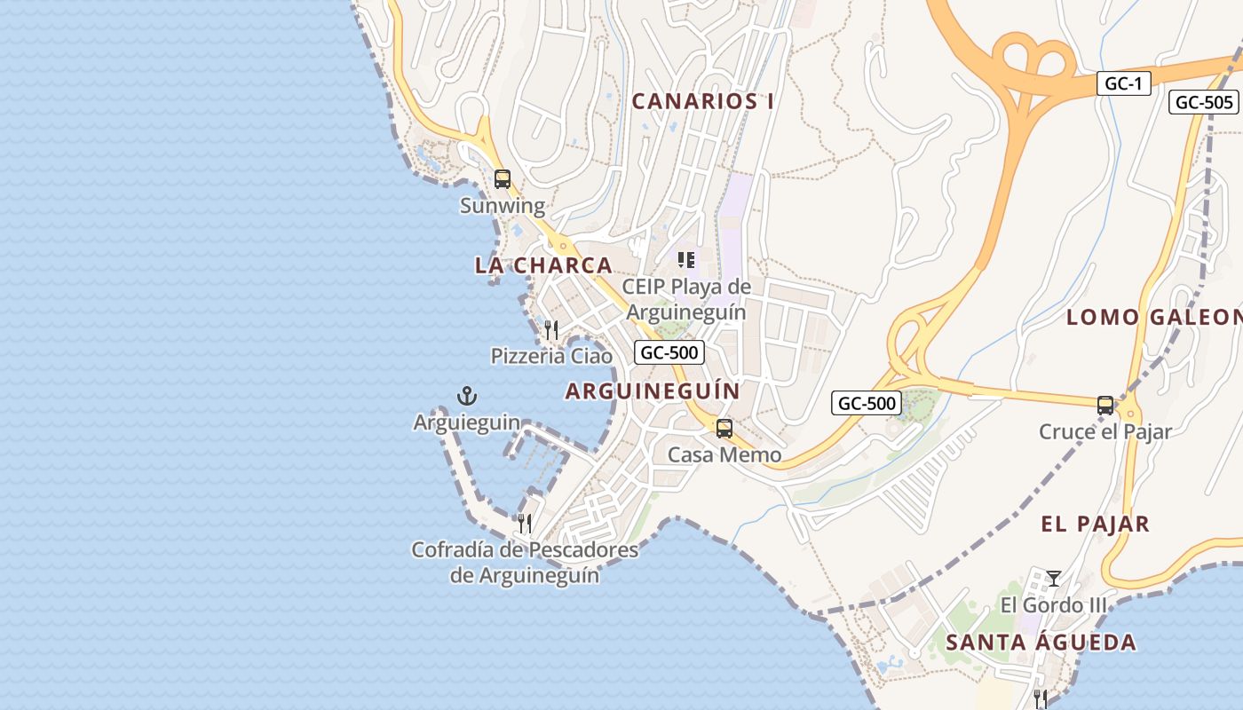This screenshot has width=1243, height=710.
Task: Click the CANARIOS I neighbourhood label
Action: pyautogui.click(x=702, y=101)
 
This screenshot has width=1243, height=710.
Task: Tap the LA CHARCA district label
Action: pyautogui.click(x=543, y=265)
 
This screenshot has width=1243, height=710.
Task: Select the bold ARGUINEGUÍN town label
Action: pyautogui.click(x=653, y=391)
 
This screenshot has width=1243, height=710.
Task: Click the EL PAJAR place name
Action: pyautogui.click(x=1095, y=525)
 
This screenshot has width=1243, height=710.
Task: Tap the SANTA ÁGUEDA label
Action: pyautogui.click(x=1041, y=643)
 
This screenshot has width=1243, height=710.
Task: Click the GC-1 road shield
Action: pyautogui.click(x=1123, y=84)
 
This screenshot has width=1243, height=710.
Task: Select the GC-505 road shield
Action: pyautogui.click(x=1203, y=102)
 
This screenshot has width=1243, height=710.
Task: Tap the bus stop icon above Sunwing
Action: pyautogui.click(x=503, y=179)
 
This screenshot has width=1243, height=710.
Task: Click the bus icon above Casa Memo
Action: pyautogui.click(x=724, y=429)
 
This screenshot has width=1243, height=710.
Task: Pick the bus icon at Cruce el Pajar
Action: pyautogui.click(x=1105, y=406)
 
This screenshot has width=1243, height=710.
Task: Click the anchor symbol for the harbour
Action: pyautogui.click(x=466, y=396)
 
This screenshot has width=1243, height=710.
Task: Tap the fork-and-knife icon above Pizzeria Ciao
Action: pyautogui.click(x=551, y=330)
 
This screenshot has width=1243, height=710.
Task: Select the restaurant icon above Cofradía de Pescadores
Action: pyautogui.click(x=525, y=523)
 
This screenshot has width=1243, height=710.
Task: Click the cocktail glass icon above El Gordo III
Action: pyautogui.click(x=1053, y=579)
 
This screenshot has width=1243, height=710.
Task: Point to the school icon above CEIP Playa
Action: pyautogui.click(x=685, y=260)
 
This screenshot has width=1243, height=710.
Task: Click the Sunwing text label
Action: pyautogui.click(x=503, y=206)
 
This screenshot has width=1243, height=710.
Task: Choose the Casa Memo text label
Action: pyautogui.click(x=724, y=455)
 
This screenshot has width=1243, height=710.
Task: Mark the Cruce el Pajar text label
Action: pyautogui.click(x=1105, y=432)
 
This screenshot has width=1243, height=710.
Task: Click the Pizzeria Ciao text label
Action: pyautogui.click(x=551, y=357)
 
